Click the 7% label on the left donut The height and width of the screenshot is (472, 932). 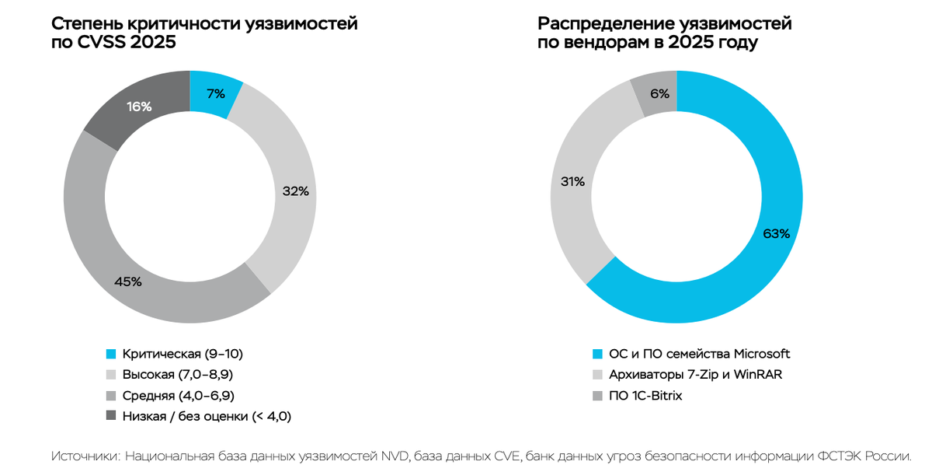pos(216,94)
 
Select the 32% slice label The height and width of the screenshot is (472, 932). pos(295,191)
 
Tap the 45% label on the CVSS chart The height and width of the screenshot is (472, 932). pos(128,281)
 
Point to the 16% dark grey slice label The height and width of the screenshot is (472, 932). pos(139,107)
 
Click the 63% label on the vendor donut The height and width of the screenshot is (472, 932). pos(776,233)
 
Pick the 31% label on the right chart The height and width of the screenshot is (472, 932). pos(572,182)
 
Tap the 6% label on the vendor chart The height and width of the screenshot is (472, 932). pos(659,94)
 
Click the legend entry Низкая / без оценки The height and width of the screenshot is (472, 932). pos(207,417)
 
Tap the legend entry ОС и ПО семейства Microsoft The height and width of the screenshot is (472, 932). pos(699,355)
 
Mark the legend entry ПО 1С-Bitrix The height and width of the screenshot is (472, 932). pos(645,396)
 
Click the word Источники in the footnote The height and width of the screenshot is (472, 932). pos(83,456)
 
